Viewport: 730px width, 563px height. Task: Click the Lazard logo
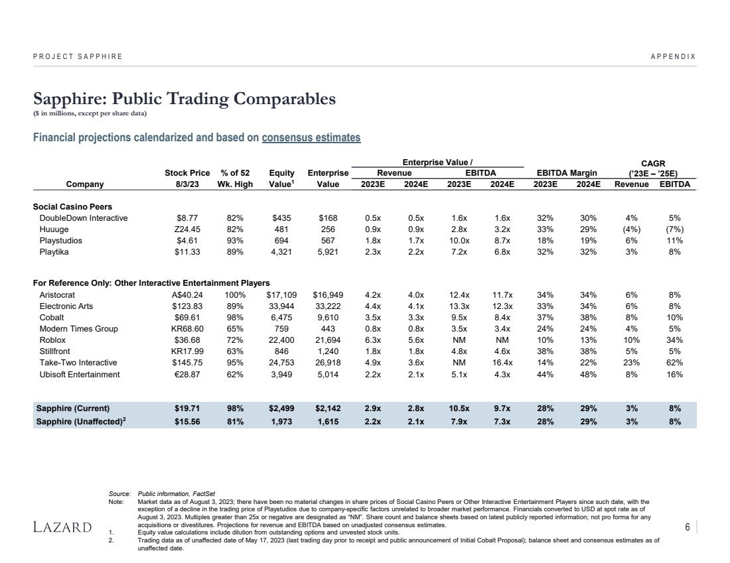click(62, 527)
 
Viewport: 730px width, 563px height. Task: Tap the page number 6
click(688, 527)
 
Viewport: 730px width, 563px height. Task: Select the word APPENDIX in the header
click(673, 56)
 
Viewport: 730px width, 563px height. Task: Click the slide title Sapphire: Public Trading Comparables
click(184, 99)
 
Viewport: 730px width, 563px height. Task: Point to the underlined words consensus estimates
click(311, 138)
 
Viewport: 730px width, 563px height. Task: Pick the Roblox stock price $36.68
click(188, 340)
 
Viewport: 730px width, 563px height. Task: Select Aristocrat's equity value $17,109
click(281, 295)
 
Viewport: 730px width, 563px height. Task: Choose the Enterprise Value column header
click(328, 178)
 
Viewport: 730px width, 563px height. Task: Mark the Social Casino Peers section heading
click(72, 207)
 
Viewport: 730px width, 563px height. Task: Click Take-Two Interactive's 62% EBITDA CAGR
click(674, 363)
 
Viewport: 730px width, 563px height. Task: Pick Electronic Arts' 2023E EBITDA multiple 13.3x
click(459, 306)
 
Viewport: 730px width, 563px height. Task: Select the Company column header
click(85, 184)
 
